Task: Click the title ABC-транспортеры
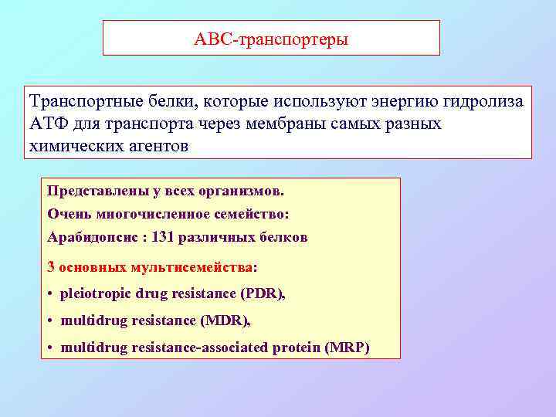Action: click(271, 39)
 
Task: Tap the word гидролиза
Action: click(485, 103)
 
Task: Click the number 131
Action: click(163, 238)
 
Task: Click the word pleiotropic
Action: click(95, 293)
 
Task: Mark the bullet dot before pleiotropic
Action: click(49, 294)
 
